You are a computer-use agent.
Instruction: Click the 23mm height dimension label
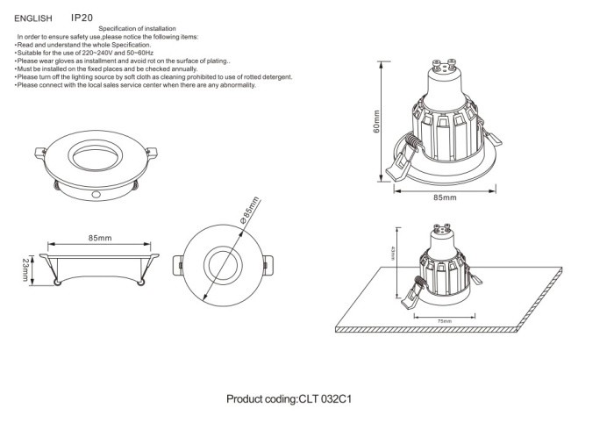[x=25, y=268]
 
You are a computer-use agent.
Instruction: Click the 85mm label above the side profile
[x=99, y=238]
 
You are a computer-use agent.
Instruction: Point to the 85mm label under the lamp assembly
[x=446, y=198]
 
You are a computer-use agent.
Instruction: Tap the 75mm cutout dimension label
[x=446, y=321]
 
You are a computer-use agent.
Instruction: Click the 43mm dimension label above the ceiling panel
[x=392, y=254]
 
